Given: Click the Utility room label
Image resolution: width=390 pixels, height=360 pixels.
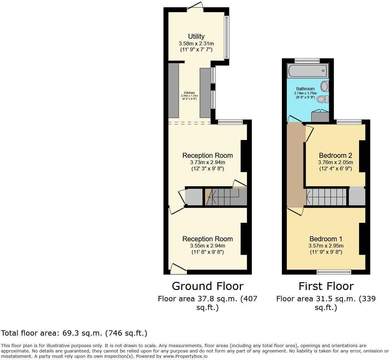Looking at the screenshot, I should (x=196, y=37).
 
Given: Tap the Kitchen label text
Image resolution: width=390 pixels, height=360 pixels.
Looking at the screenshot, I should (x=189, y=93).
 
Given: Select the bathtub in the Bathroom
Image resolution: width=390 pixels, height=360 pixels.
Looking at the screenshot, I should (x=308, y=71).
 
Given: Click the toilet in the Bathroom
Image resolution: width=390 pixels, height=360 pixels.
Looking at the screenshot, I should (x=322, y=99).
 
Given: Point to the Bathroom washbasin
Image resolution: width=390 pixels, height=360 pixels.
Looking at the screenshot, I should (x=325, y=86).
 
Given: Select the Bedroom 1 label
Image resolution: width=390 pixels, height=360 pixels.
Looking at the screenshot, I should (x=326, y=239).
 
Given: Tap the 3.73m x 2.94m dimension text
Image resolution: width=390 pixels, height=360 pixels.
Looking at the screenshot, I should (x=207, y=162).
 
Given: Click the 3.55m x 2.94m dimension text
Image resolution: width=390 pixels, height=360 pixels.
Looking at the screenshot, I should (x=207, y=246).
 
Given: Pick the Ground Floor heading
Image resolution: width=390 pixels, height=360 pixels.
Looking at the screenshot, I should (x=207, y=286).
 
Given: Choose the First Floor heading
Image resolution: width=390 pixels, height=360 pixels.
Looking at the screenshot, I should (x=326, y=286).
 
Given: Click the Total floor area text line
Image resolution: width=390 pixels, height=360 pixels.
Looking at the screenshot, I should (x=74, y=333).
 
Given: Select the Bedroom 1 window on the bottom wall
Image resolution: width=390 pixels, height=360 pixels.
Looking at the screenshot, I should (x=334, y=272).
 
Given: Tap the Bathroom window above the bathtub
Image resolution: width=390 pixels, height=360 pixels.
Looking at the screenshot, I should (x=307, y=61).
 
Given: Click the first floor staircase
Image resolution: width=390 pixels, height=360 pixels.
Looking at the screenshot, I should (x=327, y=197).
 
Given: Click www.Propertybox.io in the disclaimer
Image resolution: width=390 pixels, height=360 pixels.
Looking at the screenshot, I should (x=185, y=356).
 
